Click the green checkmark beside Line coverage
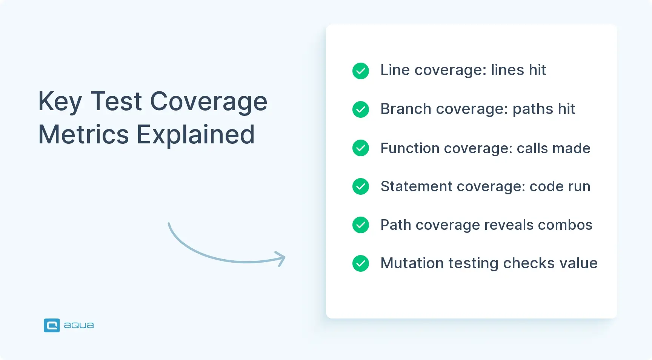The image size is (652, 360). tap(360, 71)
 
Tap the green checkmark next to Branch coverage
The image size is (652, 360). tap(360, 109)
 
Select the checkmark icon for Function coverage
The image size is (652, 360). tap(360, 148)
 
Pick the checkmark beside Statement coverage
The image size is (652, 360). tap(360, 186)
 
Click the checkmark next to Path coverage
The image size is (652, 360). tap(360, 225)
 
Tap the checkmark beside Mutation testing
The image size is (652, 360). tap(360, 263)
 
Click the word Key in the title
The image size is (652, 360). tap(60, 102)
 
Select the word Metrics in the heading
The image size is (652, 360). tap(83, 134)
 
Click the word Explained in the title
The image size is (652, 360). tap(195, 135)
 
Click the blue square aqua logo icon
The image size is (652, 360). tap(52, 325)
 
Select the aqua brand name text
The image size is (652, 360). tap(78, 325)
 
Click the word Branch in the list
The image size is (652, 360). tap(406, 109)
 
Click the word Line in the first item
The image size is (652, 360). tap(395, 70)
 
